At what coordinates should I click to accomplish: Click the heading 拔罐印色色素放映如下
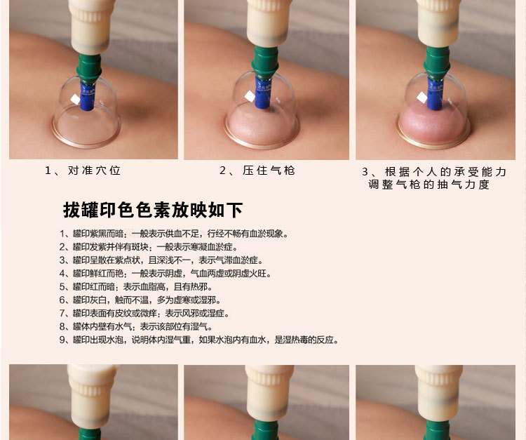[153, 209]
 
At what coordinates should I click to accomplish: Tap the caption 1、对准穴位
[83, 171]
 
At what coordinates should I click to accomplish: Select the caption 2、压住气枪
[257, 171]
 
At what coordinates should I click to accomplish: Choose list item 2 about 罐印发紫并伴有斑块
[149, 247]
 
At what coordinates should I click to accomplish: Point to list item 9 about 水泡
[199, 340]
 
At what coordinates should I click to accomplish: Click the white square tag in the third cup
[422, 98]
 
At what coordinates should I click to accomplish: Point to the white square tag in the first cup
[75, 100]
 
